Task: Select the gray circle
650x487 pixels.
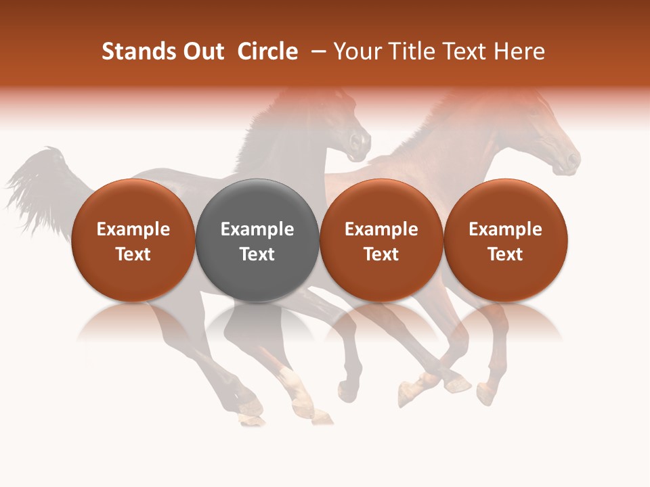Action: click(257, 240)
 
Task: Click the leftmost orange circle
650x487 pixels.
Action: click(133, 240)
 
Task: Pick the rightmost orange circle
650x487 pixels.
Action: click(506, 240)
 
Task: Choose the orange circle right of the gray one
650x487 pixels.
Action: click(381, 240)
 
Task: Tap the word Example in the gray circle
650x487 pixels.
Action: click(257, 229)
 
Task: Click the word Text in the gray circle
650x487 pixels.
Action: click(257, 254)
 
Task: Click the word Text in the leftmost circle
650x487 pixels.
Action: click(133, 254)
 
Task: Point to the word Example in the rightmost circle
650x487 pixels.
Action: click(506, 229)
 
